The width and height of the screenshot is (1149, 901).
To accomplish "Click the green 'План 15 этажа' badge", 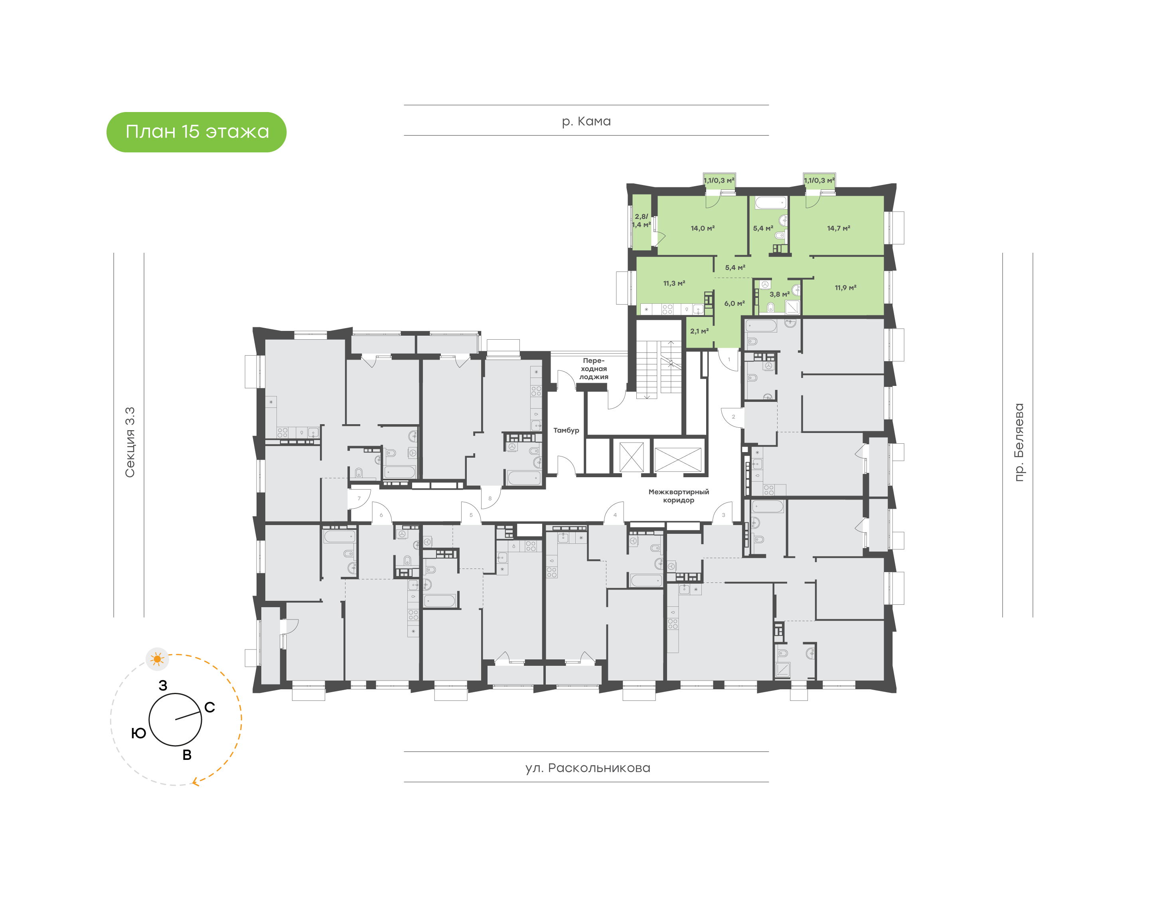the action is click(x=196, y=132).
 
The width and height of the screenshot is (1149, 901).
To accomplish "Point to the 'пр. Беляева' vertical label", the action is click(x=1019, y=442).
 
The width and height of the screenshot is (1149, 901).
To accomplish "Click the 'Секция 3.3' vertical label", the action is click(x=130, y=442).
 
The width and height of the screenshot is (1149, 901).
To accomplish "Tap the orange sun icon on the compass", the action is click(x=157, y=659).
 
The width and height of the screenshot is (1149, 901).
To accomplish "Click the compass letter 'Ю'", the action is click(x=138, y=733).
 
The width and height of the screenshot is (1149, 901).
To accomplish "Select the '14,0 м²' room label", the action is click(x=703, y=228).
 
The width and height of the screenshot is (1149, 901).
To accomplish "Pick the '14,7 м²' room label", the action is click(x=839, y=228).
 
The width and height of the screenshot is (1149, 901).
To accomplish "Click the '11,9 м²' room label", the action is click(x=845, y=287).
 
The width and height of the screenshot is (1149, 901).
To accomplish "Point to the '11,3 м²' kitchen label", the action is click(x=674, y=283).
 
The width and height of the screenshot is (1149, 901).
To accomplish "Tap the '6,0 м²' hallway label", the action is click(x=734, y=303).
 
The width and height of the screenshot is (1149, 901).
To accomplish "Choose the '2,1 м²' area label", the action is click(x=699, y=331).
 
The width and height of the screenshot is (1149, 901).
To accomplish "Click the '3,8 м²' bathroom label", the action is click(x=780, y=294).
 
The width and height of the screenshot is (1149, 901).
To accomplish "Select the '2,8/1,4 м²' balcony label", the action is click(x=641, y=220).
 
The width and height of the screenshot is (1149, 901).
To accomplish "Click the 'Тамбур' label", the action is click(x=566, y=431).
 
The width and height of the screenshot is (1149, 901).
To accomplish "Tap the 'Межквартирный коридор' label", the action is click(x=679, y=496).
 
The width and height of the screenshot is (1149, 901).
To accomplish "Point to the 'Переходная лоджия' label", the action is click(x=594, y=369).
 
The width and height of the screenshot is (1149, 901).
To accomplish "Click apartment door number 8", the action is click(x=490, y=498).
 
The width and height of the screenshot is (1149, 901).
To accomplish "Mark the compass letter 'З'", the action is click(x=163, y=685).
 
